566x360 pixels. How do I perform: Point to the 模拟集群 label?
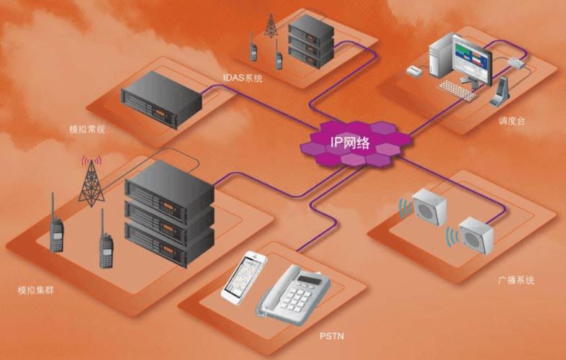[x=36, y=292]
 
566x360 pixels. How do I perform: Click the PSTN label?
[x=330, y=336]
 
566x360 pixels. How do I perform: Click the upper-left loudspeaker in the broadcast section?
[x=429, y=207]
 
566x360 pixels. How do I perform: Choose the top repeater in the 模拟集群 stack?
[x=170, y=186]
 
